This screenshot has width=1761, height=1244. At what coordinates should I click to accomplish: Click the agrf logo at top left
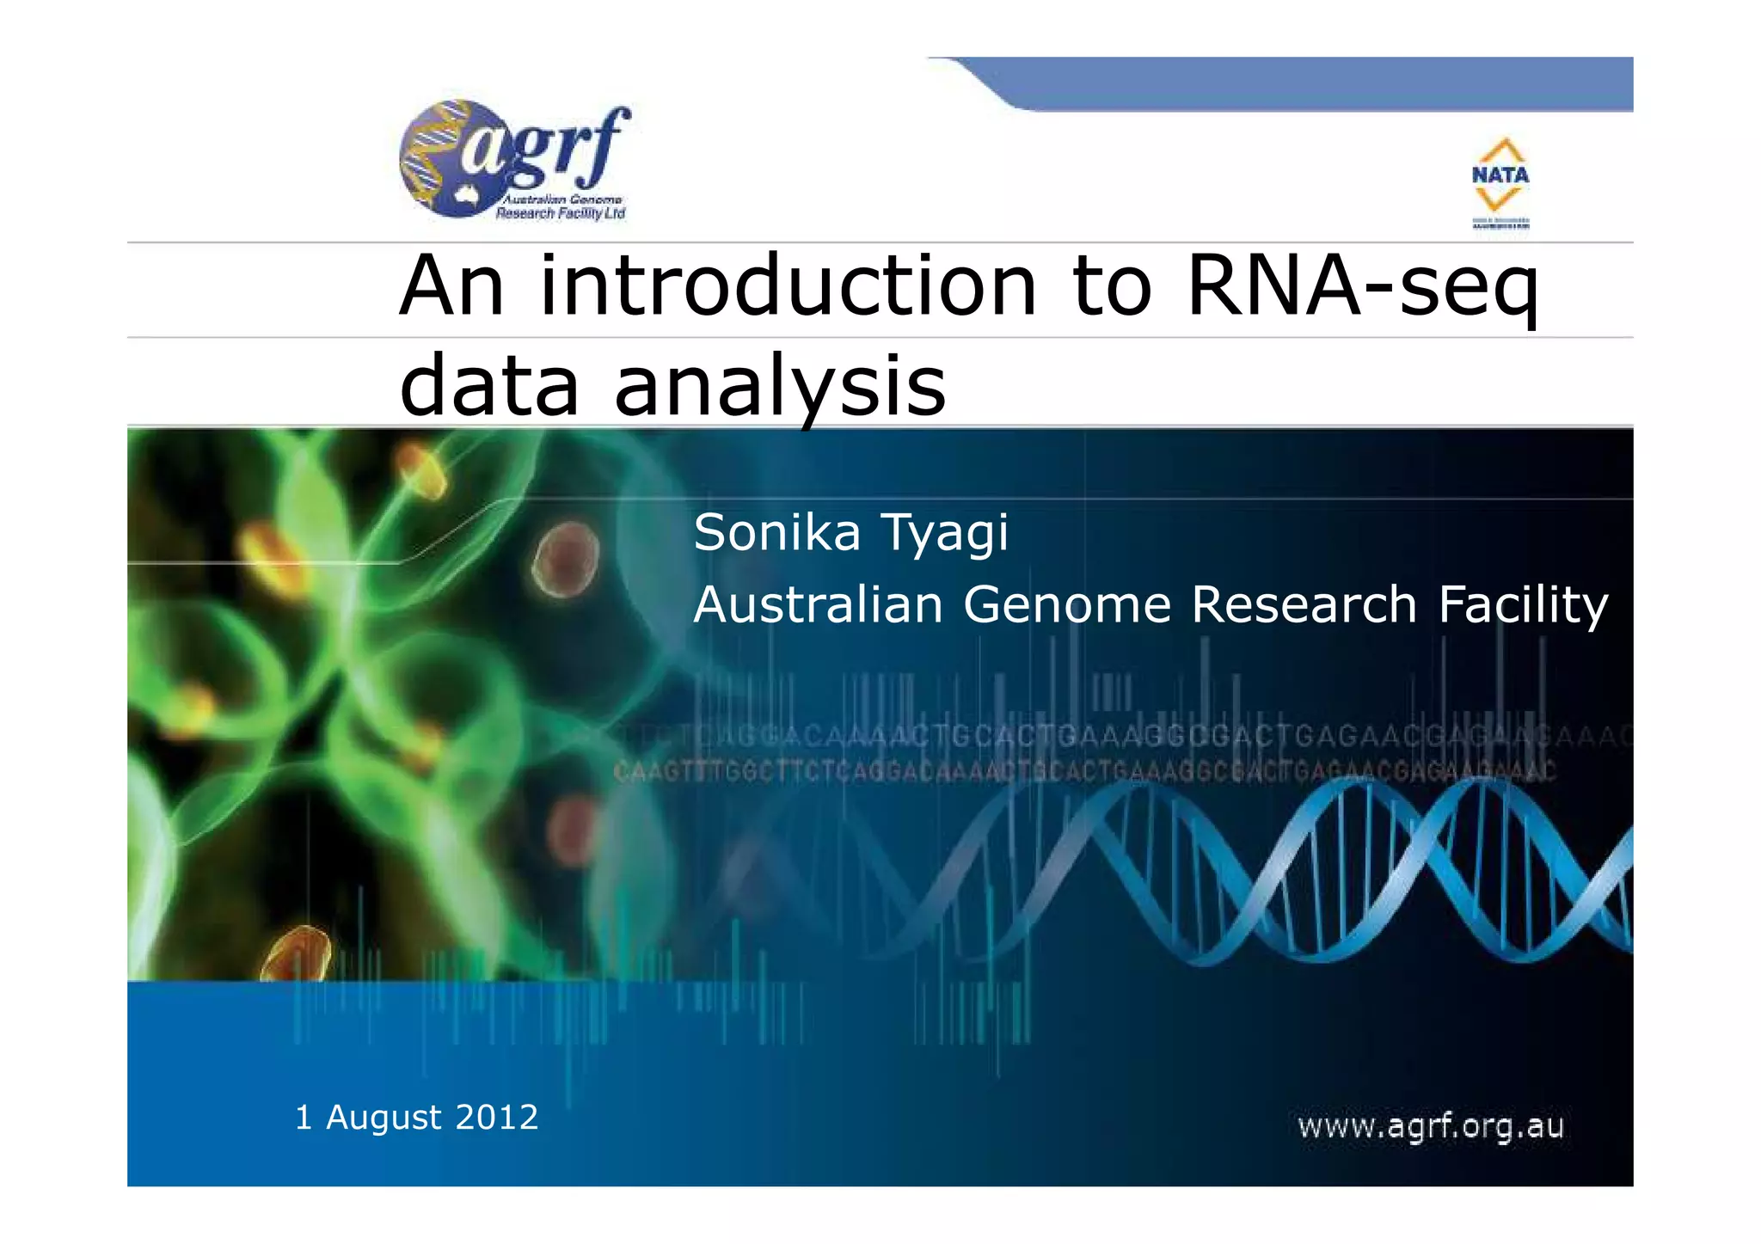pos(514,162)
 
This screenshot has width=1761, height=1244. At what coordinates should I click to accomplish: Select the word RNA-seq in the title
pos(1362,286)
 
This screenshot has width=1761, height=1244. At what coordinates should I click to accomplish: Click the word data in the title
pos(489,387)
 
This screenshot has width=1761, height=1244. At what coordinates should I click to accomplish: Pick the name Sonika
pos(776,533)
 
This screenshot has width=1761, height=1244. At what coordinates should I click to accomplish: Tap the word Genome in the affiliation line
pos(1066,604)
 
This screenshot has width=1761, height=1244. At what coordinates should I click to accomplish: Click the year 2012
pos(496,1118)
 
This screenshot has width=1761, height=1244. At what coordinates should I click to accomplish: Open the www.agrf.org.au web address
pos(1430,1126)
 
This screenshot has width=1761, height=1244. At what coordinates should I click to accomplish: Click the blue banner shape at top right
pos(1324,83)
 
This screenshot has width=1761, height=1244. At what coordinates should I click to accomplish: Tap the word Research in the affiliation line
pos(1304,604)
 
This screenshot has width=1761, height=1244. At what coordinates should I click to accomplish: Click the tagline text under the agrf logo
pos(561,206)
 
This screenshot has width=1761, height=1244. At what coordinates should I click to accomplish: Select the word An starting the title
pos(452,286)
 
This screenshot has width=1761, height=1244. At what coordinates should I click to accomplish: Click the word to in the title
pos(1111,286)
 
